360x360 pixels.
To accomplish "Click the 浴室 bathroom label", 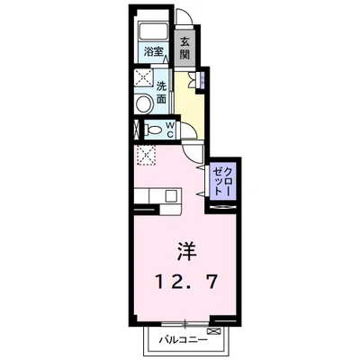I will click(155, 51).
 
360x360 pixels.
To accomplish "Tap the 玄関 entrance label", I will click(184, 48).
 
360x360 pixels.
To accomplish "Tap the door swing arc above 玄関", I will click(184, 24).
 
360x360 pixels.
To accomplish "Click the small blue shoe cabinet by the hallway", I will click(202, 82).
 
